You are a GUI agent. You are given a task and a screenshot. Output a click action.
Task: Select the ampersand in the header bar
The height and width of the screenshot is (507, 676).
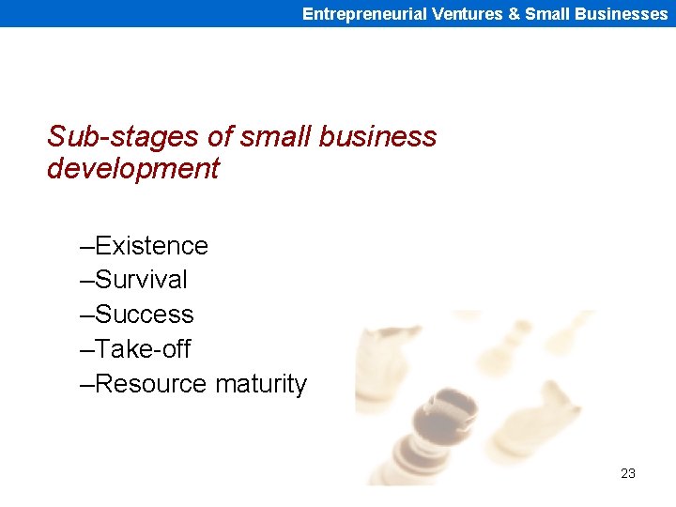pos(514,14)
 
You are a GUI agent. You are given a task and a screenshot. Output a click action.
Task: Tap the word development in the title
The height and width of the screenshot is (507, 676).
pos(132,169)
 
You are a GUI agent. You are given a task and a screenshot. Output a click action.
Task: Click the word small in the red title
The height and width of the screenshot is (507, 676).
pos(277,137)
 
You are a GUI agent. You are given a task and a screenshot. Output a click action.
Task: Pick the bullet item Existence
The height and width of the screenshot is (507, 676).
pos(150,246)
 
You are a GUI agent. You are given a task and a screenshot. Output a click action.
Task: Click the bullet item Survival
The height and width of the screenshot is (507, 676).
pos(141,280)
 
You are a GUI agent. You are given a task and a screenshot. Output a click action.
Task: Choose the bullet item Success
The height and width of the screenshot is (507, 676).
pos(144,315)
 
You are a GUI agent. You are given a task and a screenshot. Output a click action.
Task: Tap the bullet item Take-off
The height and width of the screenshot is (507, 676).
pos(143,349)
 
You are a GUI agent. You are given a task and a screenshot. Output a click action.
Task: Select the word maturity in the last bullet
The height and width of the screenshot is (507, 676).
pos(260,385)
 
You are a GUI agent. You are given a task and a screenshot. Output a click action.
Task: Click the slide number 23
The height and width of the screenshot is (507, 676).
pos(628,473)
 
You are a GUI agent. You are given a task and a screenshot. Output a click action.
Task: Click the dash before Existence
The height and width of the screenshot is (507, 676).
pos(87,247)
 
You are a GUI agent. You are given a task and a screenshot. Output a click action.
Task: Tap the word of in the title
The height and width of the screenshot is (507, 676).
pos(219,137)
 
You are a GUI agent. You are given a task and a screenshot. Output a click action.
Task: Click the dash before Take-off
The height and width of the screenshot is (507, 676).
pos(87,350)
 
